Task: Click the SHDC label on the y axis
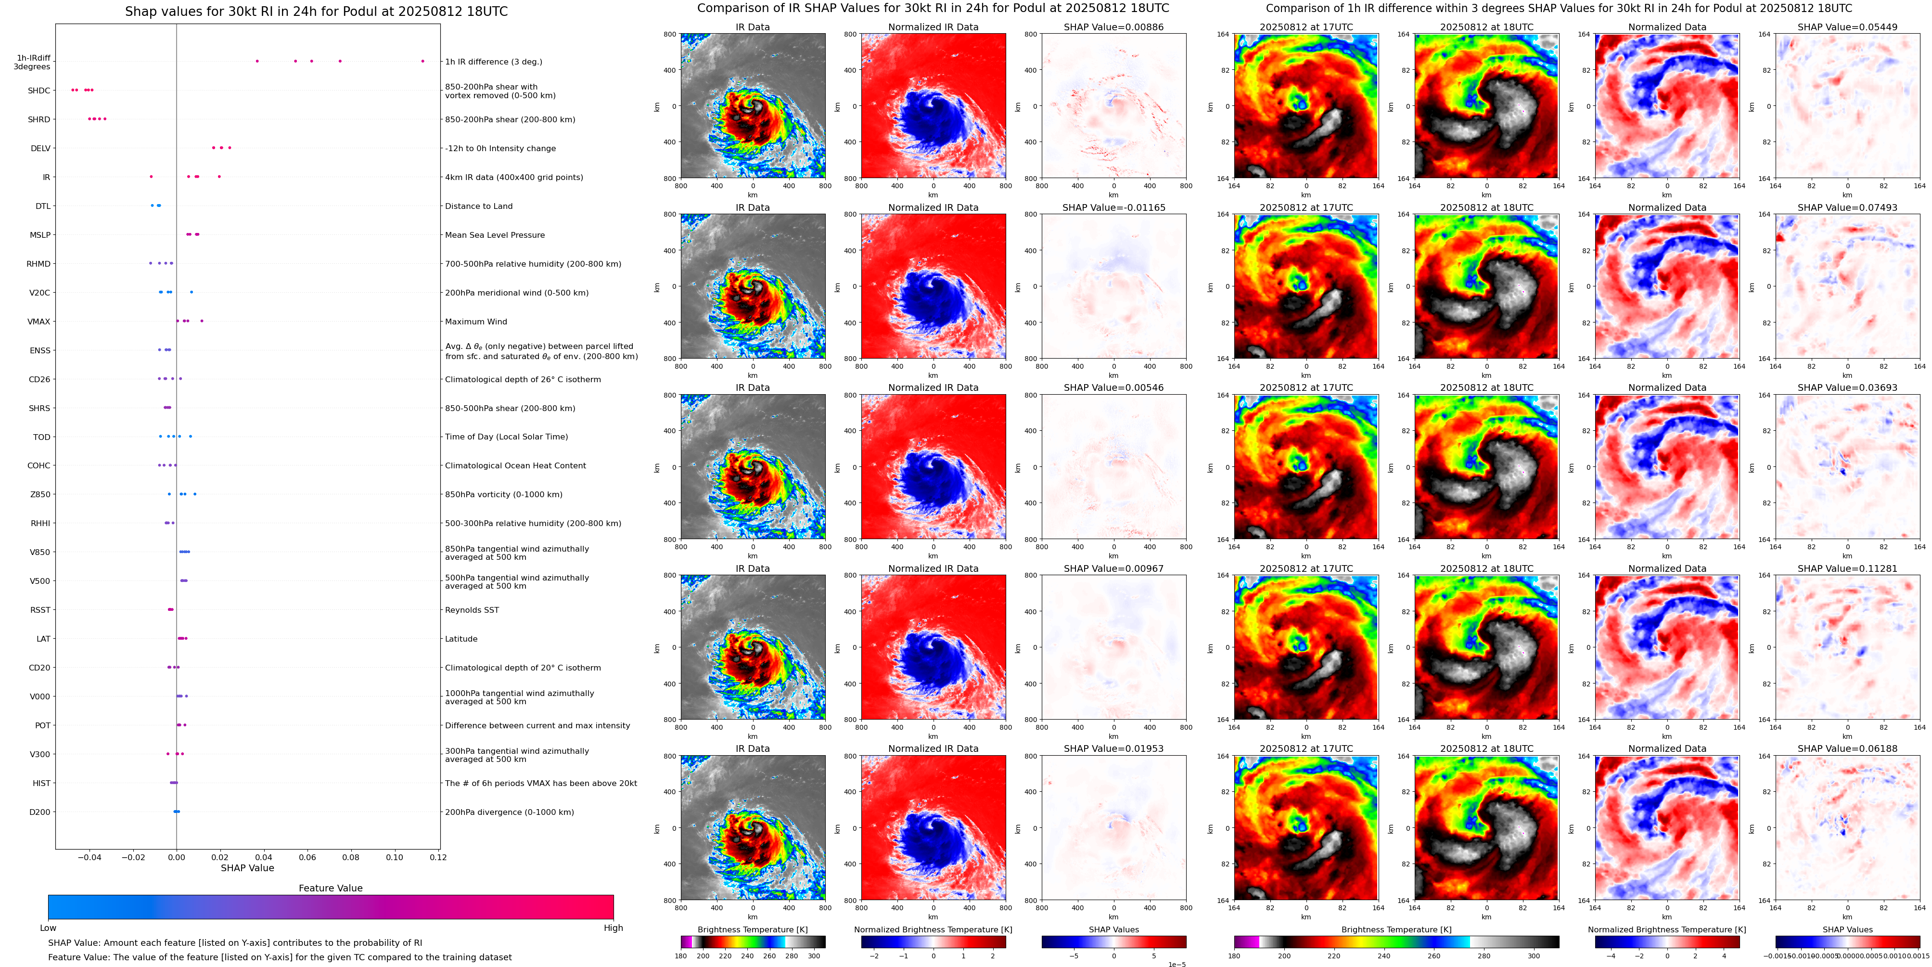click(x=39, y=91)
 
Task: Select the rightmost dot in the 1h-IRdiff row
click(x=422, y=61)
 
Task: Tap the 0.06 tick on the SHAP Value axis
click(x=307, y=857)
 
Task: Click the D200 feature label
click(x=40, y=812)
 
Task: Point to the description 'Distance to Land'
click(x=478, y=206)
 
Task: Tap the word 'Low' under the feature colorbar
click(x=48, y=928)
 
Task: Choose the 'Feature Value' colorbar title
click(x=330, y=888)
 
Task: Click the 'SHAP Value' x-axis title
click(x=247, y=868)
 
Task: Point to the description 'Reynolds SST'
click(x=472, y=610)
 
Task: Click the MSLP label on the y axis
click(x=40, y=235)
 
